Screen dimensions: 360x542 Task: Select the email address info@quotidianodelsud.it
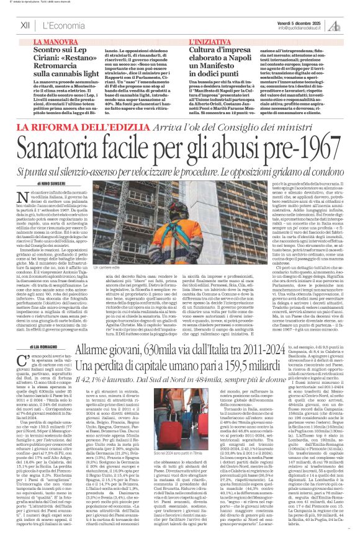tap(299, 27)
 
